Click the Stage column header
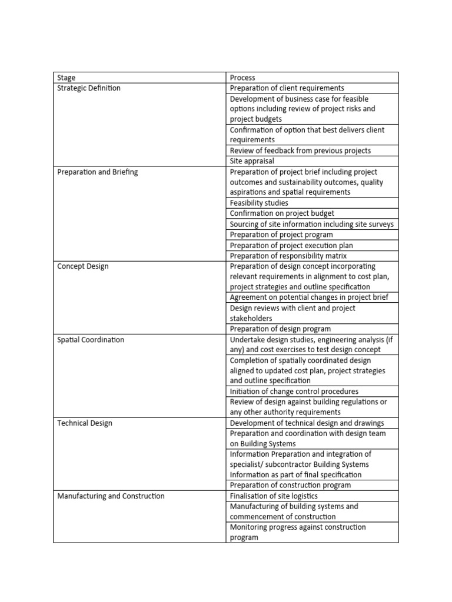point(67,78)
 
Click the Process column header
point(242,78)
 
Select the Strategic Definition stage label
point(89,88)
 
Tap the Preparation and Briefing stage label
point(98,172)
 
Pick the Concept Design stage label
point(83,266)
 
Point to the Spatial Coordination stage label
point(91,340)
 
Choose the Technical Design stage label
point(85,423)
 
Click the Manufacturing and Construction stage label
point(111,496)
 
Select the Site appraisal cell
point(252,161)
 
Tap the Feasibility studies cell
point(259,203)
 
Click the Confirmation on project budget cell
point(282,214)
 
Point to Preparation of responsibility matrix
point(288,256)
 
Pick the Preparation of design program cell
point(280,329)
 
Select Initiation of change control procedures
point(294,392)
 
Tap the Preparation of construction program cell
point(290,486)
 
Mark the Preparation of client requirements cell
point(287,88)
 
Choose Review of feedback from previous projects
point(300,151)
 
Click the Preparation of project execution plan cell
point(291,246)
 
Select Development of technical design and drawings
point(307,423)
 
